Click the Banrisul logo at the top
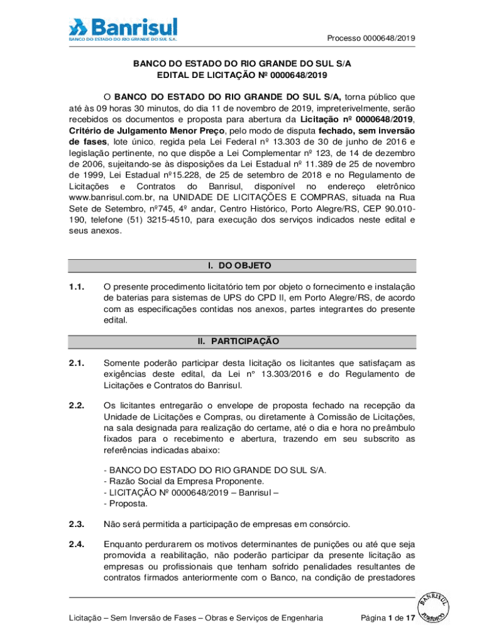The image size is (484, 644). click(x=123, y=29)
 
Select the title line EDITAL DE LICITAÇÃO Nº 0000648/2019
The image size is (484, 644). click(x=242, y=76)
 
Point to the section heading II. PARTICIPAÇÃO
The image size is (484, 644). click(x=242, y=341)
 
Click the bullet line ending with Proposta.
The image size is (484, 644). click(x=126, y=504)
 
